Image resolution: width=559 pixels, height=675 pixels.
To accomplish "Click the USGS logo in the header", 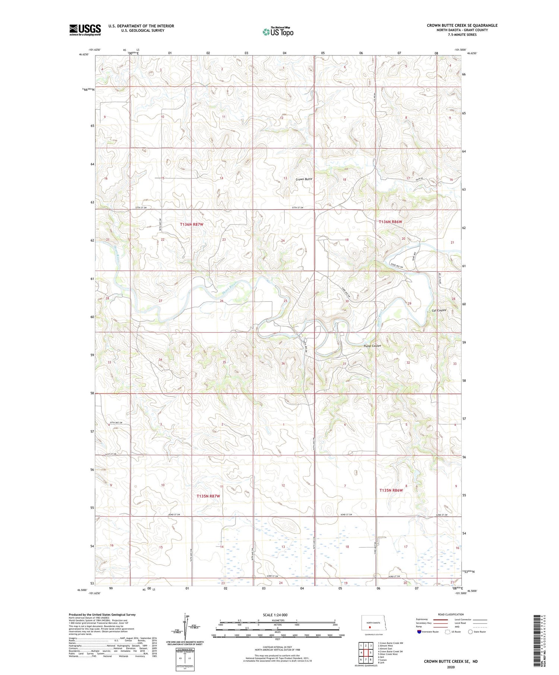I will pos(85,30).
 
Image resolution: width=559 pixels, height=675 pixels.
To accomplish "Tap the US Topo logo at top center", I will pos(278,32).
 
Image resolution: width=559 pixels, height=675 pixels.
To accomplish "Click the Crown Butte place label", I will pos(304,179).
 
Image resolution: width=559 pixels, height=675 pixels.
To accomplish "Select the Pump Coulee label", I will pos(372,346).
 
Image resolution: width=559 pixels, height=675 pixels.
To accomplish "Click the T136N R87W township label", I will pos(192,225).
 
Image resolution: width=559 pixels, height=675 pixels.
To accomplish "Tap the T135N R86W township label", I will pos(391,490).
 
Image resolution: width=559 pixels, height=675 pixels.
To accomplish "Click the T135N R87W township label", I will pos(208,496).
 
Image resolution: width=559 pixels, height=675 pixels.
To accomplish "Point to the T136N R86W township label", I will pos(391,222).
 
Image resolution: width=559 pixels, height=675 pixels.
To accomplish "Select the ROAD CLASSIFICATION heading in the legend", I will pos(451,614).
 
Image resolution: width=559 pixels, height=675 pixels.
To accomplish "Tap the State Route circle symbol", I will pos(470,631).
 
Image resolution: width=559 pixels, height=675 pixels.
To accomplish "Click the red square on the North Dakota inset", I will pos(370,626).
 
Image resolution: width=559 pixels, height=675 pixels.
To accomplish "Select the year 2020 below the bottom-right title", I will pos(451,667).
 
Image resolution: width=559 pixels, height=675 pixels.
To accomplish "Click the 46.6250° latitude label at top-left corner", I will pos(84,54).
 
